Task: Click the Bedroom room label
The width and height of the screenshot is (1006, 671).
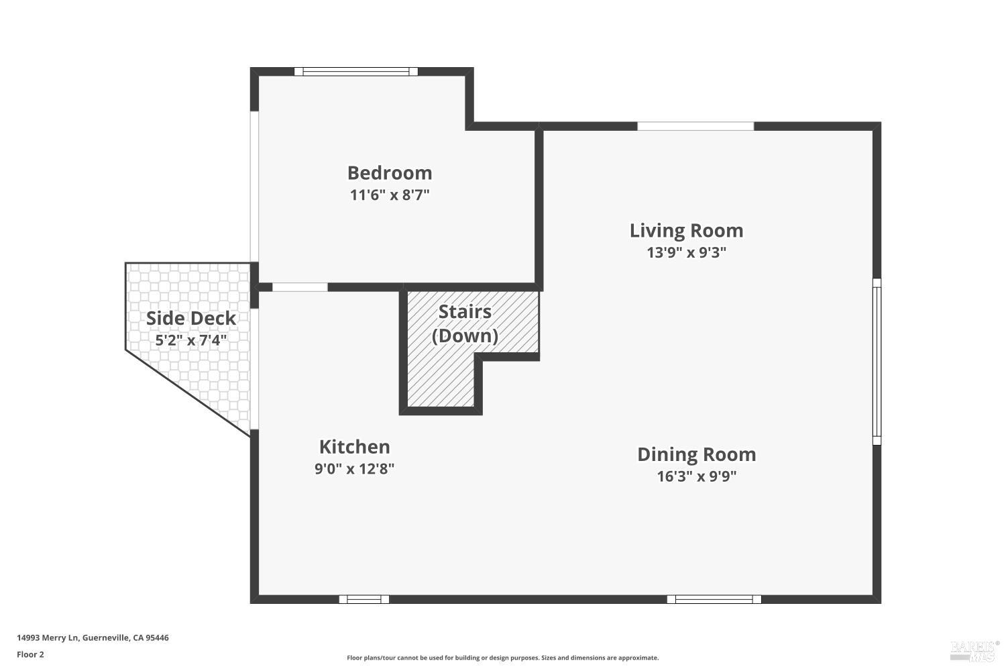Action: pos(390,173)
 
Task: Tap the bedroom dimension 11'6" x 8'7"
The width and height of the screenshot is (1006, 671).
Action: pos(390,195)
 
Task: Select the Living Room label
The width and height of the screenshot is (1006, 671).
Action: pos(686,231)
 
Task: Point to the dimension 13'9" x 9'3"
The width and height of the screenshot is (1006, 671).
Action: pos(686,252)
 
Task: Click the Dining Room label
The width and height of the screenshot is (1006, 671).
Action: pos(697,454)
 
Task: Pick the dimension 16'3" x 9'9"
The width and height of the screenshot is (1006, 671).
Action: pos(697,476)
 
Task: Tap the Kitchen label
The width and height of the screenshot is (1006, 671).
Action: pos(354,447)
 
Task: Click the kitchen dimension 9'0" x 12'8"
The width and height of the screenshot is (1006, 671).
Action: pos(354,469)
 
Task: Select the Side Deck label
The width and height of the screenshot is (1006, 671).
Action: pos(191,319)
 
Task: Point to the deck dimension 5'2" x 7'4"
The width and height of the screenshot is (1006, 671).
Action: pos(191,341)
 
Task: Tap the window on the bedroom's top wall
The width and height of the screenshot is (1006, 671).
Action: pos(356,71)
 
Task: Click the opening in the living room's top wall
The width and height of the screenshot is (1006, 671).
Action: pos(695,126)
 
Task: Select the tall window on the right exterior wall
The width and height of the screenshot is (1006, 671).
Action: pos(877,362)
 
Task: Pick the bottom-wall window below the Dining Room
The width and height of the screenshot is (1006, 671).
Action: pos(714,599)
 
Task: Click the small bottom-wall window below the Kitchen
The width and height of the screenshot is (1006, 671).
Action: pos(364,599)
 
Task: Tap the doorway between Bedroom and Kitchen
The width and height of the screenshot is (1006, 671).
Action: pos(300,287)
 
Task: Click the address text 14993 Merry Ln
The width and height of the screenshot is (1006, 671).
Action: pos(48,637)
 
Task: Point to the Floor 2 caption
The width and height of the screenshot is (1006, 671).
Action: pos(31,654)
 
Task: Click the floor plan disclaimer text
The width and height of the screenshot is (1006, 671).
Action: pos(502,658)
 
